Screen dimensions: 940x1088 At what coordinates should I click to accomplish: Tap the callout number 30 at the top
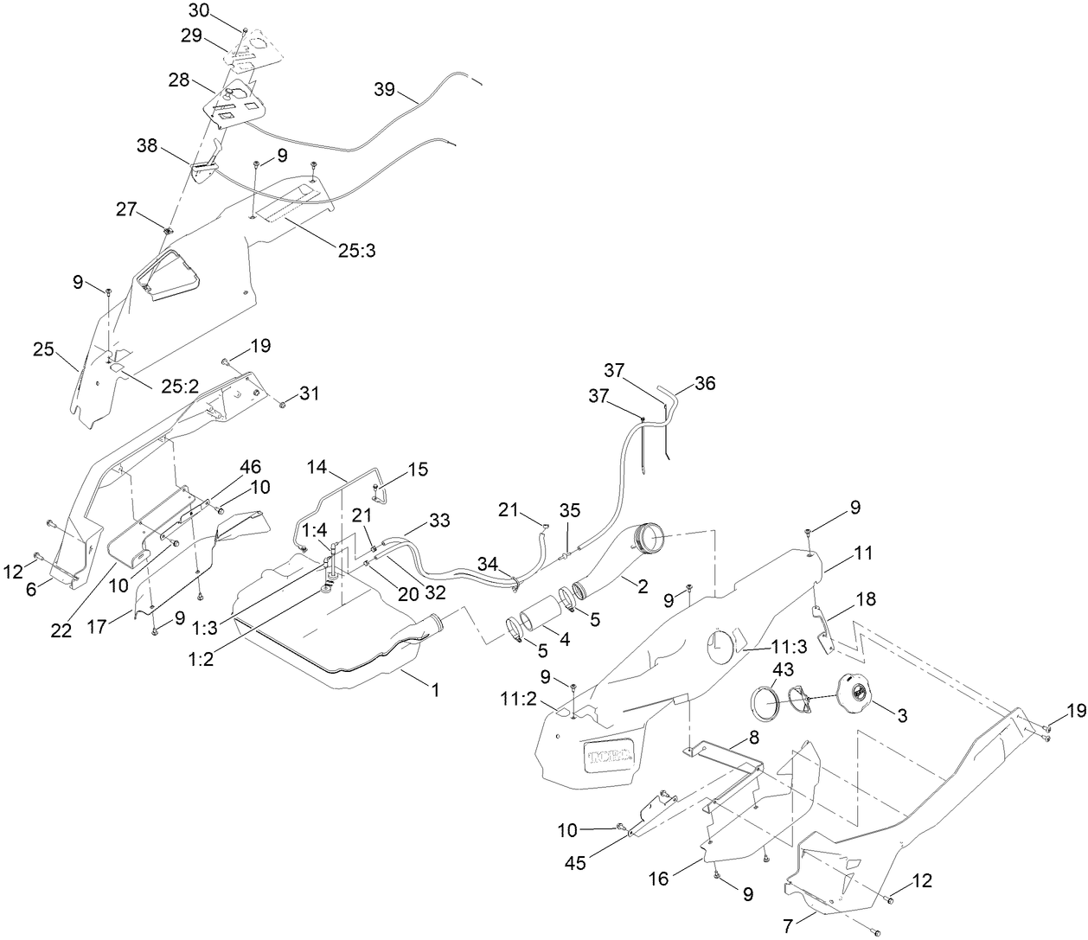point(198,10)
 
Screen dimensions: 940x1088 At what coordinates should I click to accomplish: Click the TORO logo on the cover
point(609,758)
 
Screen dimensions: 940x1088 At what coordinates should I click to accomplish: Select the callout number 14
point(318,468)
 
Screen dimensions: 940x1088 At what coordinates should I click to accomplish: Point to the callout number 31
point(309,393)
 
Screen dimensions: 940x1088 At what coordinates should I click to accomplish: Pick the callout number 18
point(865,599)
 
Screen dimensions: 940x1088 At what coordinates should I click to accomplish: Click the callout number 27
point(127,208)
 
